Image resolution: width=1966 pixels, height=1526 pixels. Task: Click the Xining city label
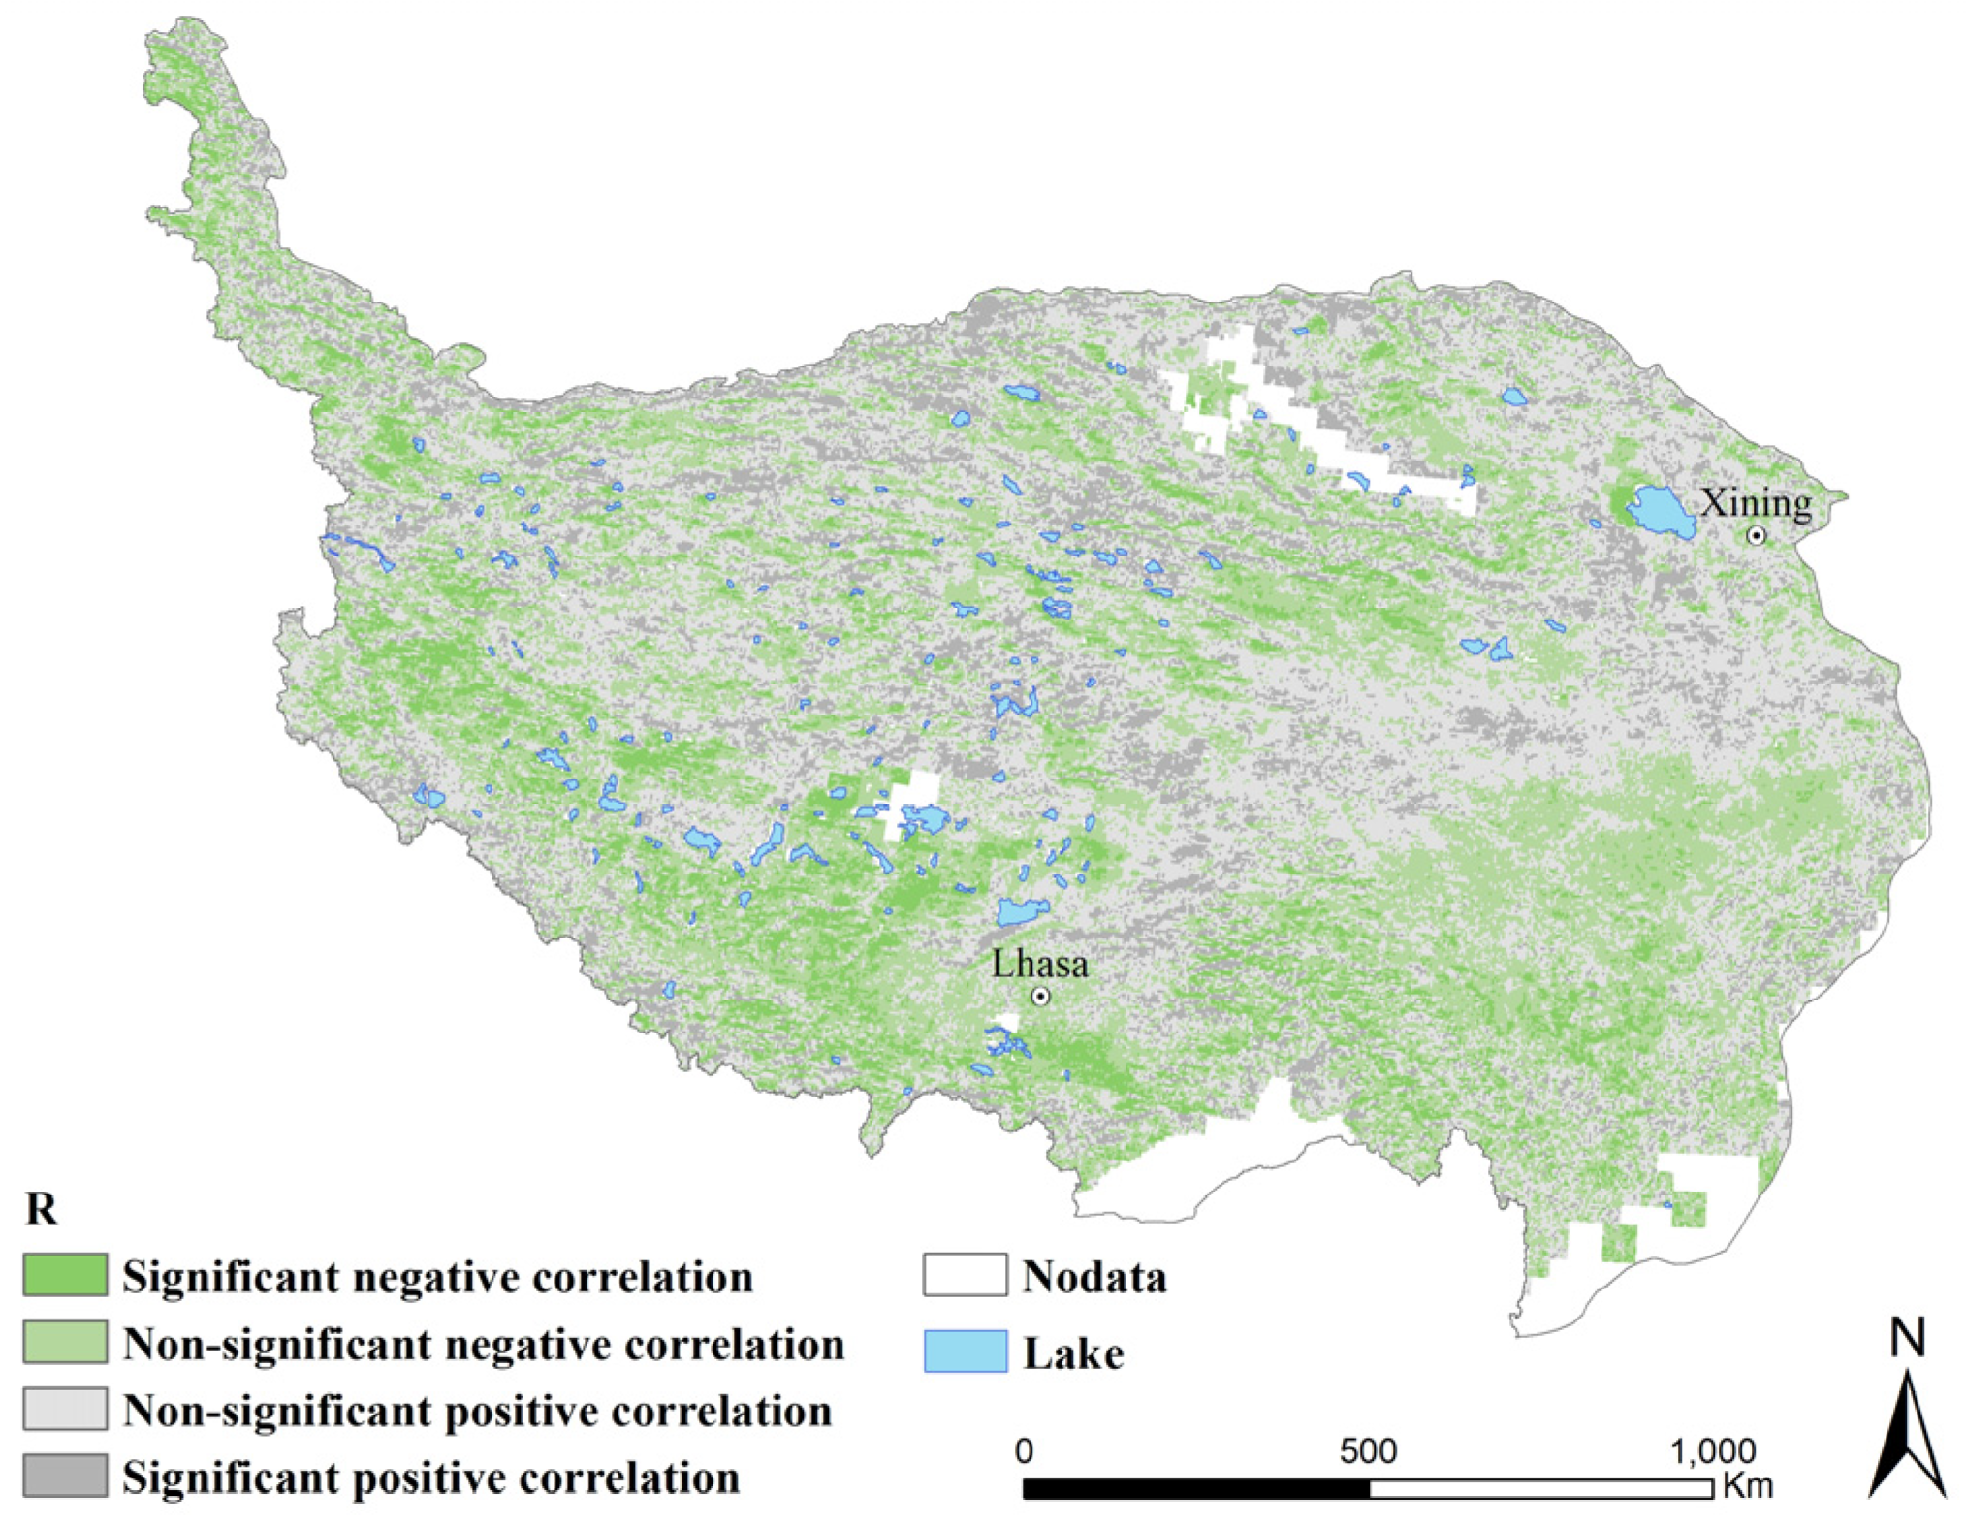point(1756,504)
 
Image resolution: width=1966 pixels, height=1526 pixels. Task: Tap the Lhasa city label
point(1039,964)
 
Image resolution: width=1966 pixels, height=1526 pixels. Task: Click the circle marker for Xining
point(1757,535)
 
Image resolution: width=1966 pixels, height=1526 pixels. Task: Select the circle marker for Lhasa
point(1040,996)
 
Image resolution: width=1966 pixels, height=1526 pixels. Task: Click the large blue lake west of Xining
point(1662,511)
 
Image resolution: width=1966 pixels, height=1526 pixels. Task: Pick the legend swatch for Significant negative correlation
point(65,1275)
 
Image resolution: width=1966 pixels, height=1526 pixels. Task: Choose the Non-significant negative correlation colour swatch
point(65,1342)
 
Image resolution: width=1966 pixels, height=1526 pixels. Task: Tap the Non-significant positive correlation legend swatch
point(65,1409)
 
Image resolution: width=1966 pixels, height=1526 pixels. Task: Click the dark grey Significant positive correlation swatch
point(65,1476)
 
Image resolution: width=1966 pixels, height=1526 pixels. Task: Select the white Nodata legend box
point(965,1275)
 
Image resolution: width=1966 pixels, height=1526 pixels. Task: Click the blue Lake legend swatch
point(965,1351)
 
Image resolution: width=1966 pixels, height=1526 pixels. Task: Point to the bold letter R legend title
point(41,1209)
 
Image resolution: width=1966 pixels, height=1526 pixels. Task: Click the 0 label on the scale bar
point(1024,1451)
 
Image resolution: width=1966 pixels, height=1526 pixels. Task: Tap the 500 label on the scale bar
point(1368,1451)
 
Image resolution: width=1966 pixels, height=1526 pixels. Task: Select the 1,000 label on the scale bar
point(1712,1451)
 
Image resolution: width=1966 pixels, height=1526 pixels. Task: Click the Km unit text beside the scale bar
point(1747,1486)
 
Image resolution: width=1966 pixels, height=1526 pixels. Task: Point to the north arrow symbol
point(1907,1435)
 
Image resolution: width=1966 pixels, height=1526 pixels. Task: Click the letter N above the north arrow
point(1907,1339)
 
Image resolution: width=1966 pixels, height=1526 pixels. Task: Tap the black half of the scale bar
point(1196,1488)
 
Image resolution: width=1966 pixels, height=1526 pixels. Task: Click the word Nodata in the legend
point(1094,1277)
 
